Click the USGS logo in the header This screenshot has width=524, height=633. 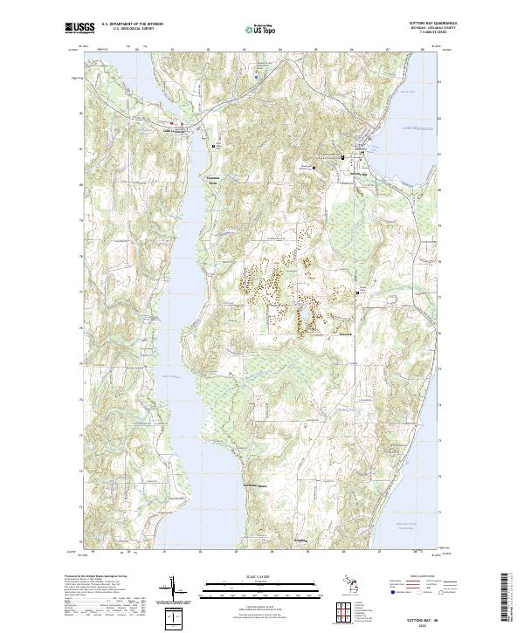point(79,29)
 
